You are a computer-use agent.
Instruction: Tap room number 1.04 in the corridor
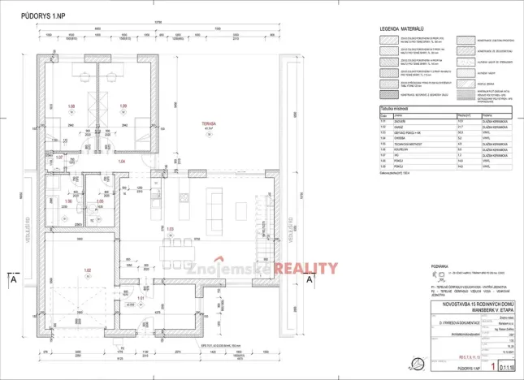click(x=123, y=162)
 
